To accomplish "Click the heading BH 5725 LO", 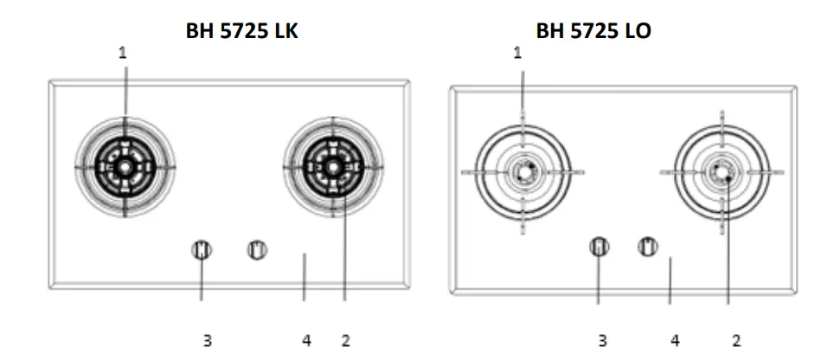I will point(593,32).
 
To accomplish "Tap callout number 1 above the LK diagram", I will point(123,53).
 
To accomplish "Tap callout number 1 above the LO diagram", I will point(518,53).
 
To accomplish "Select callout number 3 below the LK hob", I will point(208,341).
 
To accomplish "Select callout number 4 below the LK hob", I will point(306,341).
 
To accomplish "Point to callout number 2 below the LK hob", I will point(345,341).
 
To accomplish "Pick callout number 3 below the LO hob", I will point(602,341).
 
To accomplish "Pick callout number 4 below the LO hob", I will point(676,341).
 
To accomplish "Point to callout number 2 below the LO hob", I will point(736,341).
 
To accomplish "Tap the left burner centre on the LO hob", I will point(522,171).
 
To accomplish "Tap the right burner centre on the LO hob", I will point(722,171).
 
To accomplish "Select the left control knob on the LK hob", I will point(202,250).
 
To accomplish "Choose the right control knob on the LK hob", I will point(256,250).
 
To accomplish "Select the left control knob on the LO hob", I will point(598,247).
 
